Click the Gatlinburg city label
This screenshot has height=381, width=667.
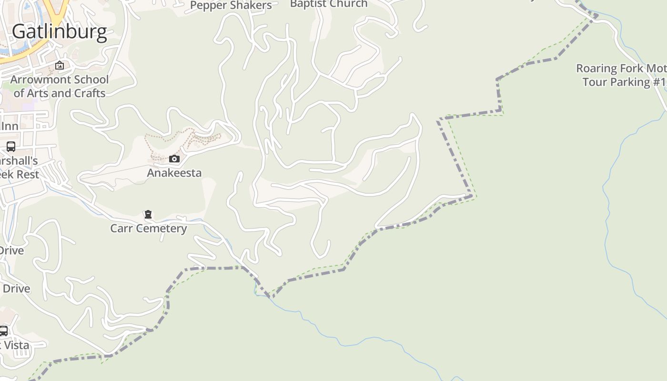[60, 31]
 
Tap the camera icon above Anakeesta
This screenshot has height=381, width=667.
[174, 159]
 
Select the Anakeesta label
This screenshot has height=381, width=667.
[174, 172]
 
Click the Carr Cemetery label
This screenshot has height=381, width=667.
[148, 229]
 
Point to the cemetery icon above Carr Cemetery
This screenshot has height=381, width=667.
[148, 214]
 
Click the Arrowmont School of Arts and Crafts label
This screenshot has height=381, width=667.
[60, 86]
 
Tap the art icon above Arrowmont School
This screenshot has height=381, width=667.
[60, 65]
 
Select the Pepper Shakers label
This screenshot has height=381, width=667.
[231, 5]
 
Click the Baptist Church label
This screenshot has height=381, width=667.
[329, 4]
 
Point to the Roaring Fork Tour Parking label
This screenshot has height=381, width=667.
[621, 75]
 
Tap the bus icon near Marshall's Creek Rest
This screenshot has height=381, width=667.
[10, 147]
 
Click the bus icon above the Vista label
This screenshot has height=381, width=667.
[3, 331]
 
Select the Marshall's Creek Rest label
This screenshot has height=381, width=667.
[18, 168]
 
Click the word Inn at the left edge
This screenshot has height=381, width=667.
[10, 126]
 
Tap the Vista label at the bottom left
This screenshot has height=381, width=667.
[15, 345]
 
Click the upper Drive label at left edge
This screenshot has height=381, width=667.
[11, 251]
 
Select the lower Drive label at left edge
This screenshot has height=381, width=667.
[16, 289]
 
